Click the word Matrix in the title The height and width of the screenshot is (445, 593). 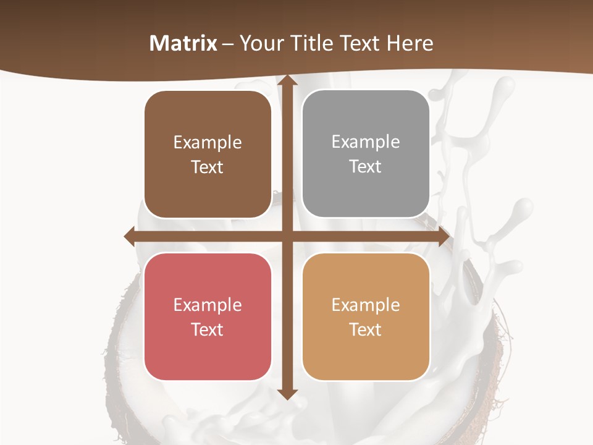pos(183,43)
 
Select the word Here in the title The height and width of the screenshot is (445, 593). pos(410,43)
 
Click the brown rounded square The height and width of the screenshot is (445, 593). pos(208,155)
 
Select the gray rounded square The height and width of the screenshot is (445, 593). pos(366,155)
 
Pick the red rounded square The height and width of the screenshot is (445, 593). pos(208,316)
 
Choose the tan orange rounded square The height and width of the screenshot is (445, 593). pos(366,316)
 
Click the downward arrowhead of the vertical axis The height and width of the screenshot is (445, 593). pos(287,394)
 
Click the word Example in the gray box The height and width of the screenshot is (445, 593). pos(366,142)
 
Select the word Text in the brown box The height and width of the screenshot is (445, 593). pos(208,167)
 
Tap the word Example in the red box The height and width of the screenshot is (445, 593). pos(208,305)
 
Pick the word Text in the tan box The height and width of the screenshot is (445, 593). pos(366,329)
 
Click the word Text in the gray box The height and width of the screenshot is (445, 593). pos(366,167)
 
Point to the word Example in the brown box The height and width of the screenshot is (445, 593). pos(208,143)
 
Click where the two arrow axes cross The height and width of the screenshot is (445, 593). pos(287,237)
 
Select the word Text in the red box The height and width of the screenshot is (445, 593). pos(208,329)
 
